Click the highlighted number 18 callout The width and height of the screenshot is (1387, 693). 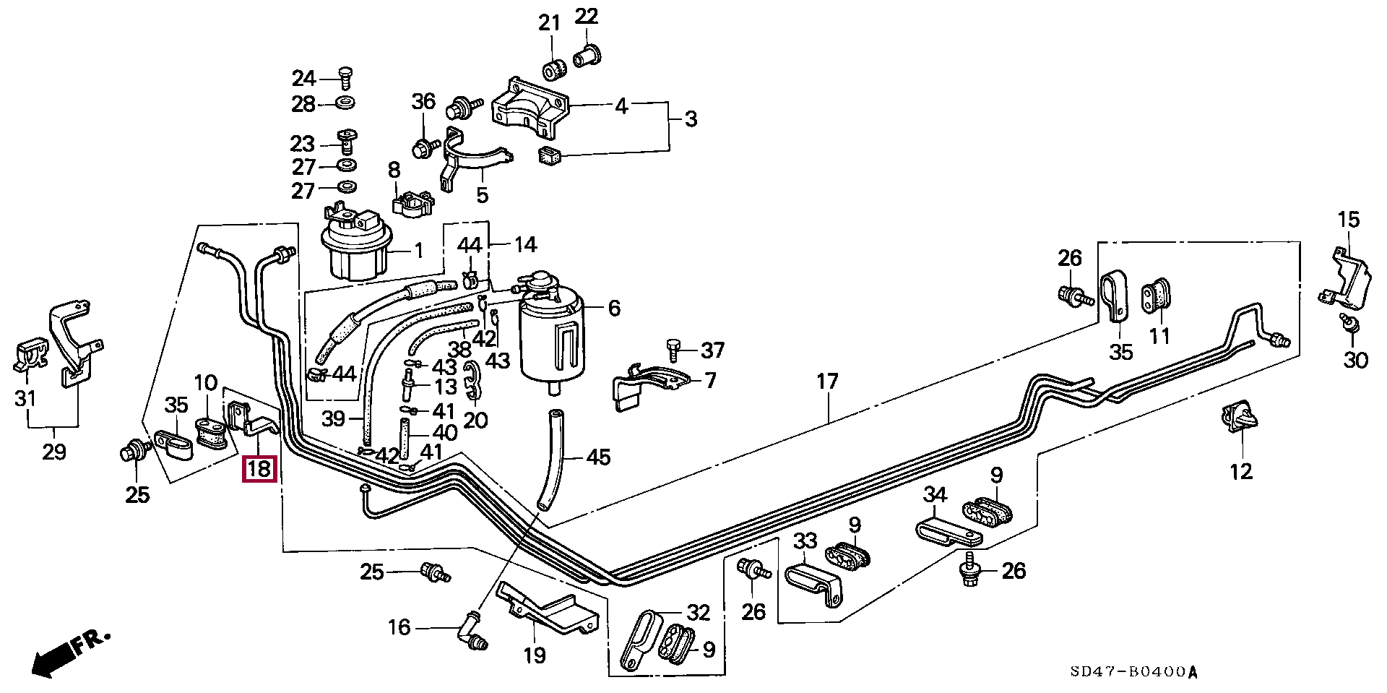click(259, 469)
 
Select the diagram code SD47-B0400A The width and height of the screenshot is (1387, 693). click(1134, 672)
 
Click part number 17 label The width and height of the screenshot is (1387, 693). click(827, 381)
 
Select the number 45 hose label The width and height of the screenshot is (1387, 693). click(599, 457)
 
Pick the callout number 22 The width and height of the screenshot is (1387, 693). click(587, 16)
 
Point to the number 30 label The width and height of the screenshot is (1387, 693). click(1356, 359)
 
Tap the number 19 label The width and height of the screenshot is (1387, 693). click(535, 655)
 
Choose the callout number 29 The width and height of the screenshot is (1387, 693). click(54, 452)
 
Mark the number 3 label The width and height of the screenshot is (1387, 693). click(691, 119)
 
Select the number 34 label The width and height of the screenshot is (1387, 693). click(935, 495)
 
